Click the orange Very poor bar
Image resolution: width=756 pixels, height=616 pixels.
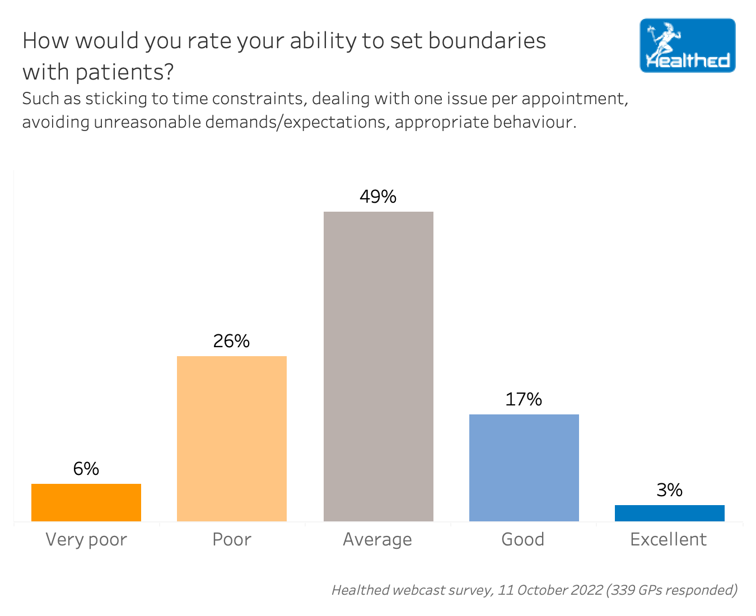click(x=86, y=502)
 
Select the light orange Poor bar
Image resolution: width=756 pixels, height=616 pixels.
click(x=232, y=438)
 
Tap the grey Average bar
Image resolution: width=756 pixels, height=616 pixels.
click(x=379, y=366)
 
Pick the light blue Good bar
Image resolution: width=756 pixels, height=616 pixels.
click(x=524, y=468)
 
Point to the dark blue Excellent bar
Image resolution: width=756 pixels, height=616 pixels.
click(x=670, y=513)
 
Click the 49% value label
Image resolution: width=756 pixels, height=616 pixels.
click(x=378, y=197)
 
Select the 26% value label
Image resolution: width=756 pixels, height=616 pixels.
click(x=231, y=341)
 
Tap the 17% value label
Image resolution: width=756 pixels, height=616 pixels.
click(x=524, y=399)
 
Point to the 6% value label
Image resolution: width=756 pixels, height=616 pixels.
click(x=86, y=469)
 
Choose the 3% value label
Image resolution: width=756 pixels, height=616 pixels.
click(x=670, y=490)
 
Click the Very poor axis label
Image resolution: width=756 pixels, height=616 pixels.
click(x=86, y=539)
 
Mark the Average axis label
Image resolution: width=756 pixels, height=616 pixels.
click(x=377, y=539)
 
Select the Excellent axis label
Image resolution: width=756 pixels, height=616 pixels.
click(x=669, y=539)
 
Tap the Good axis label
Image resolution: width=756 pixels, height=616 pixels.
click(x=523, y=539)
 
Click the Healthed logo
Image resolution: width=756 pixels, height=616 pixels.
click(x=688, y=45)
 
